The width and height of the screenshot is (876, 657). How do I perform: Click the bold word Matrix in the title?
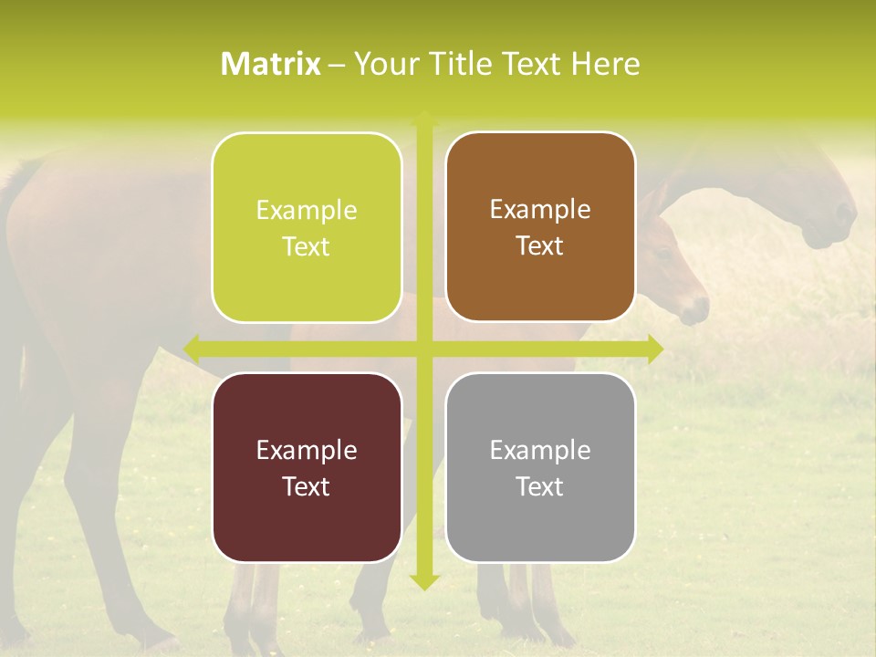coord(271,64)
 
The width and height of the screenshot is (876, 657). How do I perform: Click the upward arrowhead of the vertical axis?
coord(423,119)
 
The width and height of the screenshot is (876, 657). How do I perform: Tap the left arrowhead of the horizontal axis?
coord(193,349)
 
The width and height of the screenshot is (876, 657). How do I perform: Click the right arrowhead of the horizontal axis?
coord(654,349)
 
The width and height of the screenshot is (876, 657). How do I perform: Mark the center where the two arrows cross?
coord(423,349)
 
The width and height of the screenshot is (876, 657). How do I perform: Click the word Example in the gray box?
coord(540,450)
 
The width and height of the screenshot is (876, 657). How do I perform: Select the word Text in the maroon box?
coord(307,486)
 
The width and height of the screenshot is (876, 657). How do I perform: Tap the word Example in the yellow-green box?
coord(307,210)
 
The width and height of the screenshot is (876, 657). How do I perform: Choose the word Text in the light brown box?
coord(540,245)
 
